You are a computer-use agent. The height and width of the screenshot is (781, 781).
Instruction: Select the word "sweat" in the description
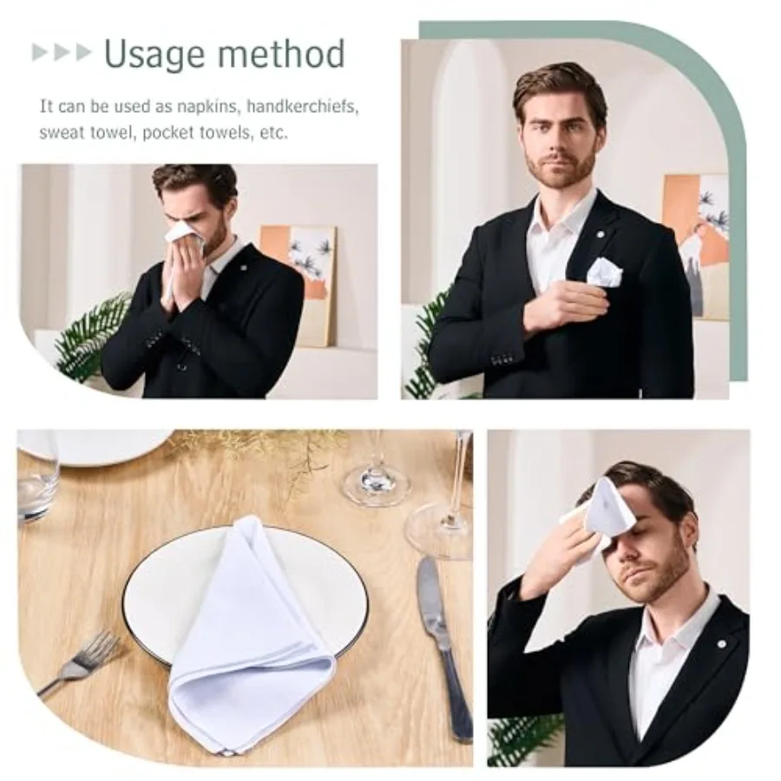tap(61, 133)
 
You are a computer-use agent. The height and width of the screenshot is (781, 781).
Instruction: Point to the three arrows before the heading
tap(62, 52)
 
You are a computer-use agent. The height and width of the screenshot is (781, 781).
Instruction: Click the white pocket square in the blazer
tap(604, 272)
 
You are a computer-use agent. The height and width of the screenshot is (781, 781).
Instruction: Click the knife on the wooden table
tap(443, 642)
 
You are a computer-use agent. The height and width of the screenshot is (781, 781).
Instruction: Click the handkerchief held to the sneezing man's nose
tap(184, 233)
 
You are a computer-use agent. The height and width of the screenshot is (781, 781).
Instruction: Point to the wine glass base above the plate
tap(376, 484)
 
